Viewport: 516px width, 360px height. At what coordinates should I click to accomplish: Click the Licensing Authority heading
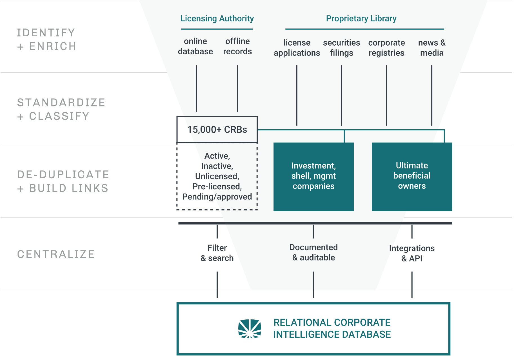coord(217,19)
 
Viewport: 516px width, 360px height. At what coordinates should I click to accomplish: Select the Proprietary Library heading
coord(361,19)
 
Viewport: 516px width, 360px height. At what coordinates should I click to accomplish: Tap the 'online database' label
coord(195,46)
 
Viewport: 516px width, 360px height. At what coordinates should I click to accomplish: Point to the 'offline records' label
coord(237,46)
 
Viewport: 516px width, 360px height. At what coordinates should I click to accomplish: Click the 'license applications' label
coord(297,48)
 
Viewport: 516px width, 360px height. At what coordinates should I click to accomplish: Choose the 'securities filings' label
coord(341,48)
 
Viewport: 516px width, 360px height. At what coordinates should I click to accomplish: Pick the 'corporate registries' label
coord(386,48)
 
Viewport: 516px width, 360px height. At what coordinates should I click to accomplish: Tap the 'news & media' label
coord(432,48)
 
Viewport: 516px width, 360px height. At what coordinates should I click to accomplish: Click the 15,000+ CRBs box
coord(217,130)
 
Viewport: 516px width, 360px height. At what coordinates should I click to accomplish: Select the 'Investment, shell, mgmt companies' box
coord(313,176)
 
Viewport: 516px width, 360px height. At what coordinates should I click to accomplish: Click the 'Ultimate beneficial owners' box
coord(412,176)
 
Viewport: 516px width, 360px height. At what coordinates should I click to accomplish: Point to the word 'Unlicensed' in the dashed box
coord(217,176)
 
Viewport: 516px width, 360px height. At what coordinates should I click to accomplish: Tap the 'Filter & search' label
coord(217,253)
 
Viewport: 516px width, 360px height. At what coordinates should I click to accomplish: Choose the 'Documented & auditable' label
coord(313,252)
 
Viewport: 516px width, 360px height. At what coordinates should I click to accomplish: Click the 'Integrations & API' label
coord(412,253)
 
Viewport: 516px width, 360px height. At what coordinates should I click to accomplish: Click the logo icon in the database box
coord(250,328)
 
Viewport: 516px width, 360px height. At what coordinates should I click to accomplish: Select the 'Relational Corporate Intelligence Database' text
coord(332,328)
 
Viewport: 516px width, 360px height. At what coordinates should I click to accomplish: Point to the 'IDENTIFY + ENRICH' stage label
coord(46,39)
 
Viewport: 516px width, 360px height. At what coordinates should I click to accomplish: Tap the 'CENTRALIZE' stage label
coord(56,254)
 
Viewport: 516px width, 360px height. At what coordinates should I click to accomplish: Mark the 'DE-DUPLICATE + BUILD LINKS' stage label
coord(63,181)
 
